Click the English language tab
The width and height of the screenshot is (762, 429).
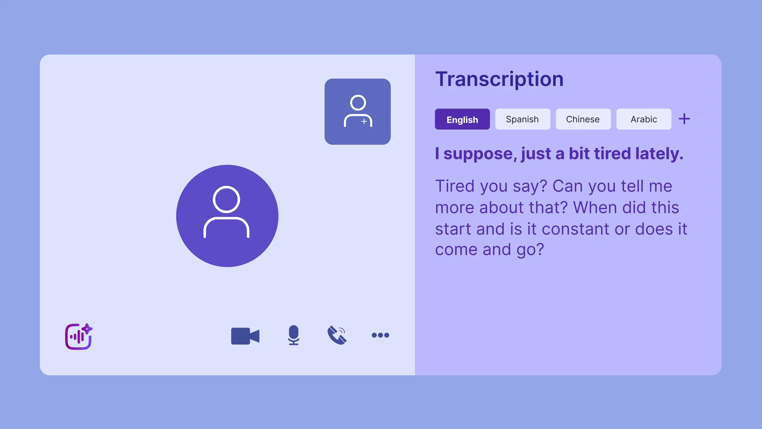pyautogui.click(x=462, y=119)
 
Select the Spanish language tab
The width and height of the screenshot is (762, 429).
pyautogui.click(x=522, y=119)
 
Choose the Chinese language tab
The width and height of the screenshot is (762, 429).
pyautogui.click(x=583, y=119)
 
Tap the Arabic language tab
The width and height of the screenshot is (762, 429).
pyautogui.click(x=644, y=119)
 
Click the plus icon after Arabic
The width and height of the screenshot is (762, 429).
pyautogui.click(x=684, y=119)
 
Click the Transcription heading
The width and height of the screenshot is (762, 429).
pyautogui.click(x=499, y=79)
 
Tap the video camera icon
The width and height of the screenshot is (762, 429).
pyautogui.click(x=245, y=336)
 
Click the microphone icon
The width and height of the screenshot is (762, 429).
pyautogui.click(x=293, y=335)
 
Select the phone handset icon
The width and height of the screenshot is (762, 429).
pyautogui.click(x=337, y=335)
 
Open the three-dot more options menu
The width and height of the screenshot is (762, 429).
pyautogui.click(x=380, y=335)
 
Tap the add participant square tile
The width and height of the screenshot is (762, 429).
pyautogui.click(x=357, y=112)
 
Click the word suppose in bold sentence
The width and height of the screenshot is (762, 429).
pyautogui.click(x=480, y=154)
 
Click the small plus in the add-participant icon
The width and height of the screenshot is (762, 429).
pyautogui.click(x=364, y=121)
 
